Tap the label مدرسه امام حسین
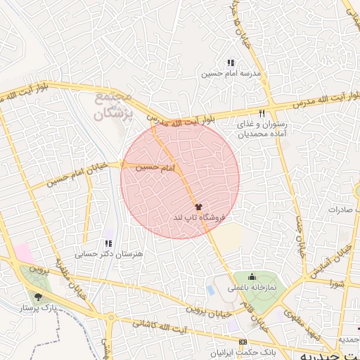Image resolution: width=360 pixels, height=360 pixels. [x=231, y=73]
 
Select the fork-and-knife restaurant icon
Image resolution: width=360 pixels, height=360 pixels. [x=262, y=113]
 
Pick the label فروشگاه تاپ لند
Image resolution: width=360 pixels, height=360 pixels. [x=198, y=219]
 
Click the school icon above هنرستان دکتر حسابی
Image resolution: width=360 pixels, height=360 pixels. [x=108, y=243]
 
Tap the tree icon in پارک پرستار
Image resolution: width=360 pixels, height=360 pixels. [x=37, y=297]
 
